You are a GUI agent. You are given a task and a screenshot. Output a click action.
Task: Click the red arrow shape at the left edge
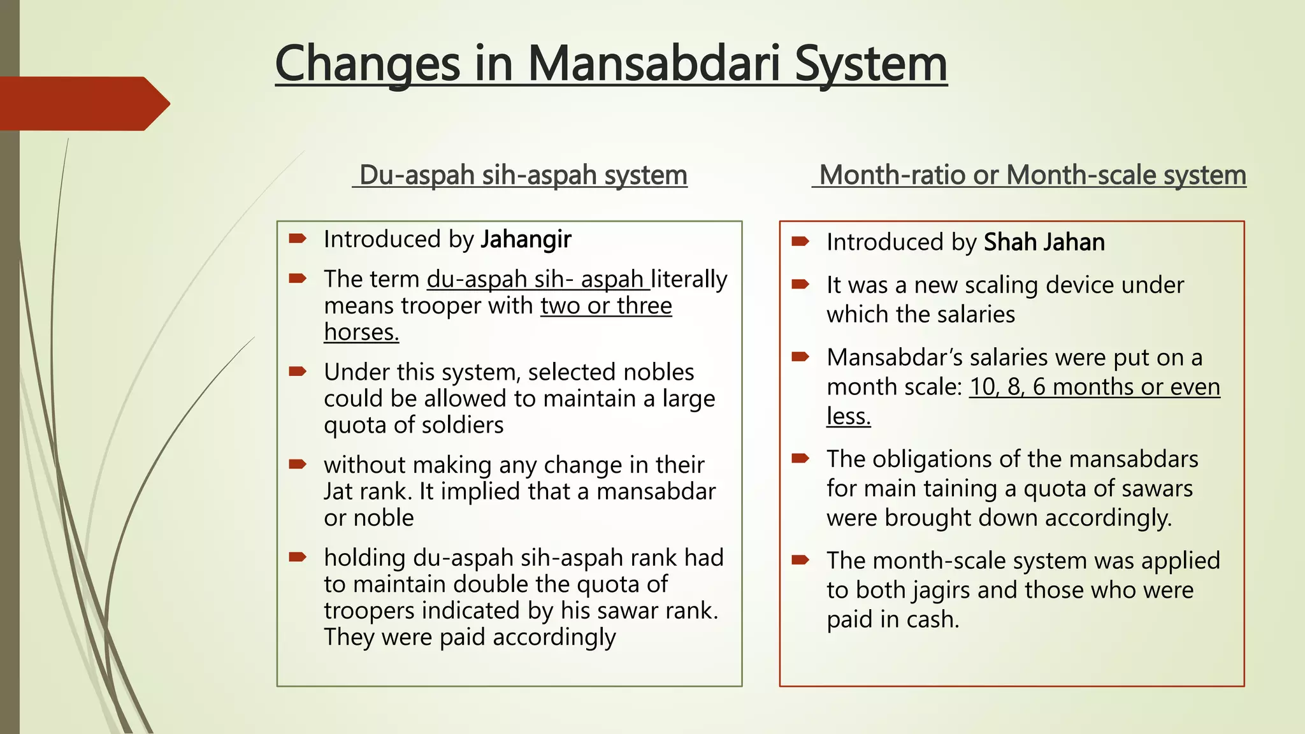[83, 103]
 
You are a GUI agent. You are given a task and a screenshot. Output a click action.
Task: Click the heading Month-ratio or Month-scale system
[1032, 175]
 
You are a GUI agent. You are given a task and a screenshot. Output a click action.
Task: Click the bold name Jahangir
[526, 240]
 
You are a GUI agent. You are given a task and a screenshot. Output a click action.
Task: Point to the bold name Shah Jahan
[1044, 243]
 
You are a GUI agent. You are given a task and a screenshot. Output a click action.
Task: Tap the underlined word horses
[361, 332]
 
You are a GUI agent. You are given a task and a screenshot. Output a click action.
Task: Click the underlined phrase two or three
[606, 306]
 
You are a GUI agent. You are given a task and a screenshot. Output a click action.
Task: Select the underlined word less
[848, 416]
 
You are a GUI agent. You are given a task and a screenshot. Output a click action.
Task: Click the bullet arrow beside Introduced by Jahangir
[298, 239]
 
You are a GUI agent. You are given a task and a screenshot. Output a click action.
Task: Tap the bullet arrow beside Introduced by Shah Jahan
[800, 241]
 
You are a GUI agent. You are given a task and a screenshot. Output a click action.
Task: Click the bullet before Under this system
[298, 371]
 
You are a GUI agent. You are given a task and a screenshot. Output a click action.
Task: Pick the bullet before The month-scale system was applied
[800, 560]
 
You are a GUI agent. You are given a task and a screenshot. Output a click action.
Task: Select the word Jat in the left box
[338, 491]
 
